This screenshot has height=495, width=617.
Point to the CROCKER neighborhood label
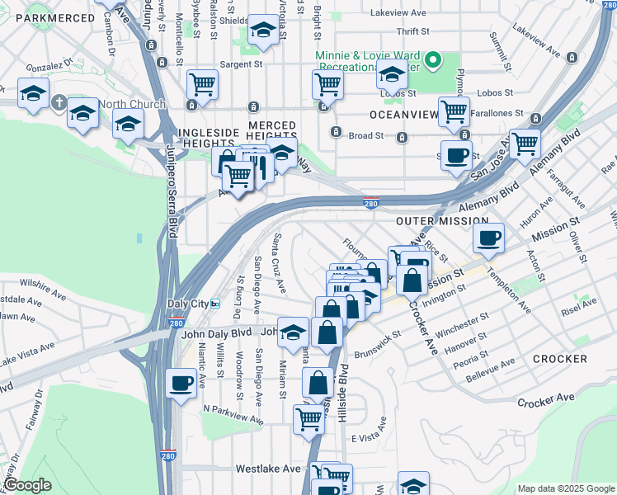pyautogui.click(x=559, y=359)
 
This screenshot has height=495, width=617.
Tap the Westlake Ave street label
pyautogui.click(x=268, y=468)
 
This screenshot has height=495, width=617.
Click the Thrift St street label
pyautogui.click(x=412, y=31)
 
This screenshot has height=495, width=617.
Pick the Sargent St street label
pyautogui.click(x=241, y=63)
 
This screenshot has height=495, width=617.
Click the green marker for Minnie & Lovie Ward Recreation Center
pyautogui.click(x=440, y=60)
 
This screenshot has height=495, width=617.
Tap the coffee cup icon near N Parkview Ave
pyautogui.click(x=181, y=382)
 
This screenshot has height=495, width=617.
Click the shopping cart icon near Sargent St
pyautogui.click(x=202, y=82)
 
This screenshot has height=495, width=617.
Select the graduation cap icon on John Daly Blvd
pyautogui.click(x=293, y=332)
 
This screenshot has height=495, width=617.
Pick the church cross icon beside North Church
pyautogui.click(x=58, y=104)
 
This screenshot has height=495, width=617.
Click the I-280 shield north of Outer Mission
pyautogui.click(x=370, y=203)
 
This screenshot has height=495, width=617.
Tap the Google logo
pyautogui.click(x=27, y=485)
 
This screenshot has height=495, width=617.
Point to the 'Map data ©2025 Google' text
pyautogui.click(x=565, y=488)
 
